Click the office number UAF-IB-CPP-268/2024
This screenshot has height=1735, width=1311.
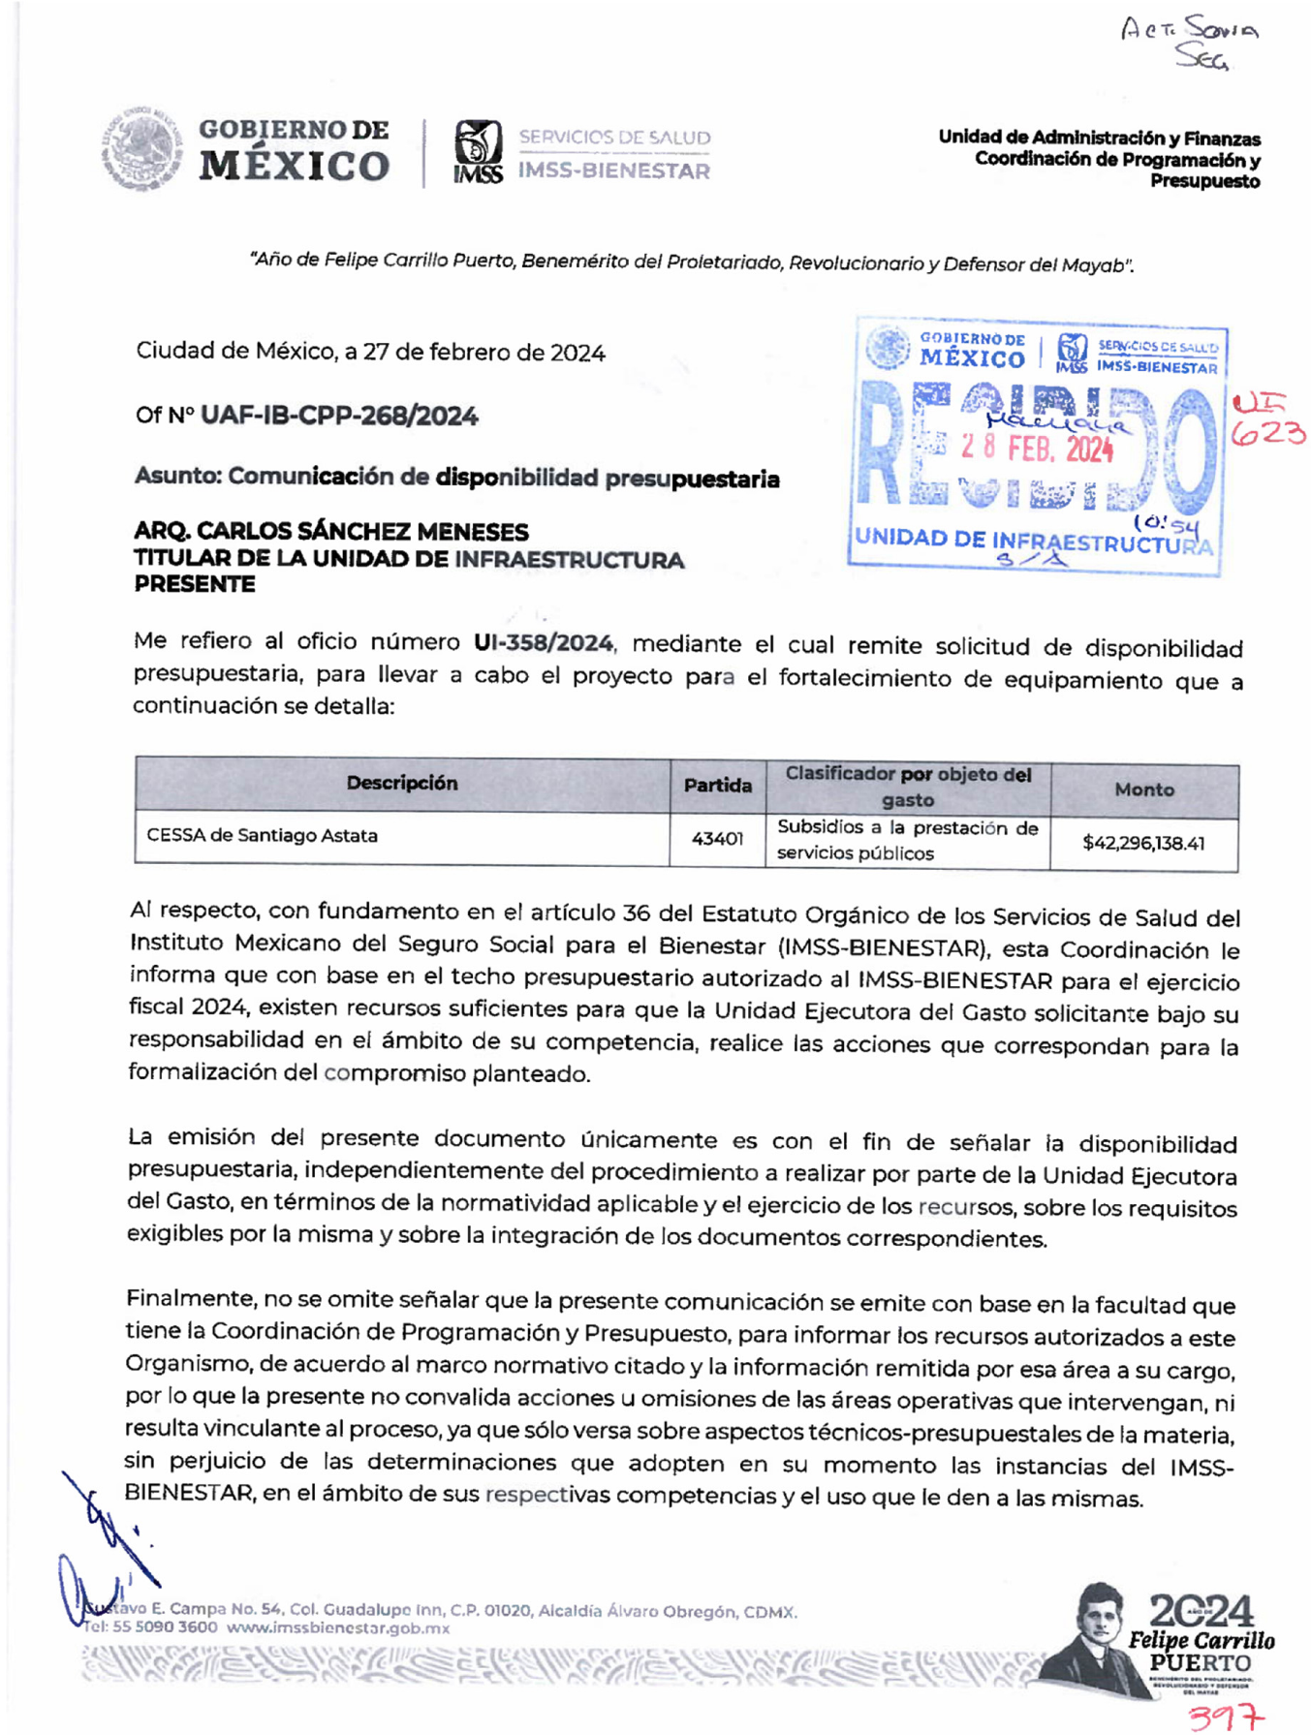pyautogui.click(x=338, y=417)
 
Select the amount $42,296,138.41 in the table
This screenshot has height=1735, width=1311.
pyautogui.click(x=1143, y=843)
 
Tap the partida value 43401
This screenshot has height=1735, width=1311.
pyautogui.click(x=717, y=839)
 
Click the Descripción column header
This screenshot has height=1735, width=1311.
pyautogui.click(x=402, y=784)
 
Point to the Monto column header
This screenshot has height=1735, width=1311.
pyautogui.click(x=1144, y=790)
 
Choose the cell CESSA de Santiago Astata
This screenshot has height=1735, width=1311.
pyautogui.click(x=263, y=836)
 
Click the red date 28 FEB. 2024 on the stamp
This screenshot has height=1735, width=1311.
pyautogui.click(x=1037, y=449)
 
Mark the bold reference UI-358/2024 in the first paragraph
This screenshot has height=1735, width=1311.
pyautogui.click(x=543, y=643)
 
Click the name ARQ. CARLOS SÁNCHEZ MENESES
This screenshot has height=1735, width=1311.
pyautogui.click(x=331, y=532)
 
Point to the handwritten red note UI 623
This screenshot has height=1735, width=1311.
pyautogui.click(x=1267, y=421)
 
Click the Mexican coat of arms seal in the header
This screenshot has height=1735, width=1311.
pyautogui.click(x=143, y=150)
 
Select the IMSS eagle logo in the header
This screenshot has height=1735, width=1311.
pyautogui.click(x=479, y=151)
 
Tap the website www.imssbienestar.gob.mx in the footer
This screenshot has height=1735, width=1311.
pyautogui.click(x=338, y=1628)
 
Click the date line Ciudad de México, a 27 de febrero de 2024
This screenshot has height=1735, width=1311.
pyautogui.click(x=370, y=353)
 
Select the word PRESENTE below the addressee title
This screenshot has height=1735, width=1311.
pyautogui.click(x=195, y=585)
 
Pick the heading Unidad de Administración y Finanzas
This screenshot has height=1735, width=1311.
pyautogui.click(x=1099, y=139)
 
